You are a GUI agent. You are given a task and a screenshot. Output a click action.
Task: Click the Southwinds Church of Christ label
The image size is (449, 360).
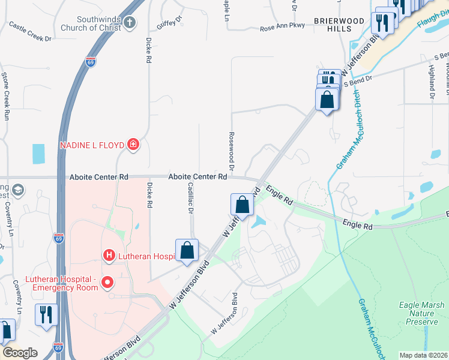tap(92, 22)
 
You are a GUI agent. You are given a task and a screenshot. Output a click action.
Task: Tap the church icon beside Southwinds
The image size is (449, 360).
tap(130, 22)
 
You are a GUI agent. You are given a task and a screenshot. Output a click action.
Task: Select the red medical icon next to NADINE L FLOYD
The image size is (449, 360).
tap(133, 145)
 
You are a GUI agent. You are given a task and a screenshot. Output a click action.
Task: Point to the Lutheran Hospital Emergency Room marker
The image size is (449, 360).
tap(108, 281)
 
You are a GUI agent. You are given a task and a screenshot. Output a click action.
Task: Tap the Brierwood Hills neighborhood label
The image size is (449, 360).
tap(339, 25)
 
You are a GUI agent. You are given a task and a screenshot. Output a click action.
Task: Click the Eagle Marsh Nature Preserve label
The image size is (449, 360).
tap(422, 313)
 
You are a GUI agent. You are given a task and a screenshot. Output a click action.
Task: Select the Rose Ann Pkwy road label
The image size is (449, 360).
tap(283, 28)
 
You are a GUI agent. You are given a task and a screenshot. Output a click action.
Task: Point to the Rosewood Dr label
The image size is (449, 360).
tap(230, 151)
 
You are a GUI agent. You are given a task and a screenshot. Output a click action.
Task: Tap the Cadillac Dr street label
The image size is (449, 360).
tap(190, 199)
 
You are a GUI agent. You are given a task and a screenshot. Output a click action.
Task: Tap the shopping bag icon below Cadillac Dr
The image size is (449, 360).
tap(187, 250)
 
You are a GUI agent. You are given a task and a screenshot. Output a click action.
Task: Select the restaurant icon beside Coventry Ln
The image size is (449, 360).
tap(46, 314)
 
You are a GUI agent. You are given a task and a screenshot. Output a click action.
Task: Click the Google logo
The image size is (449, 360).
tap(20, 353)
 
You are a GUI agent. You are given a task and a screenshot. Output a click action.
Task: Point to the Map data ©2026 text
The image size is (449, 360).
tap(423, 355)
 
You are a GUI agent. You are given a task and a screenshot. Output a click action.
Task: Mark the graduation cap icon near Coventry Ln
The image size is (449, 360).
tap(19, 190)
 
